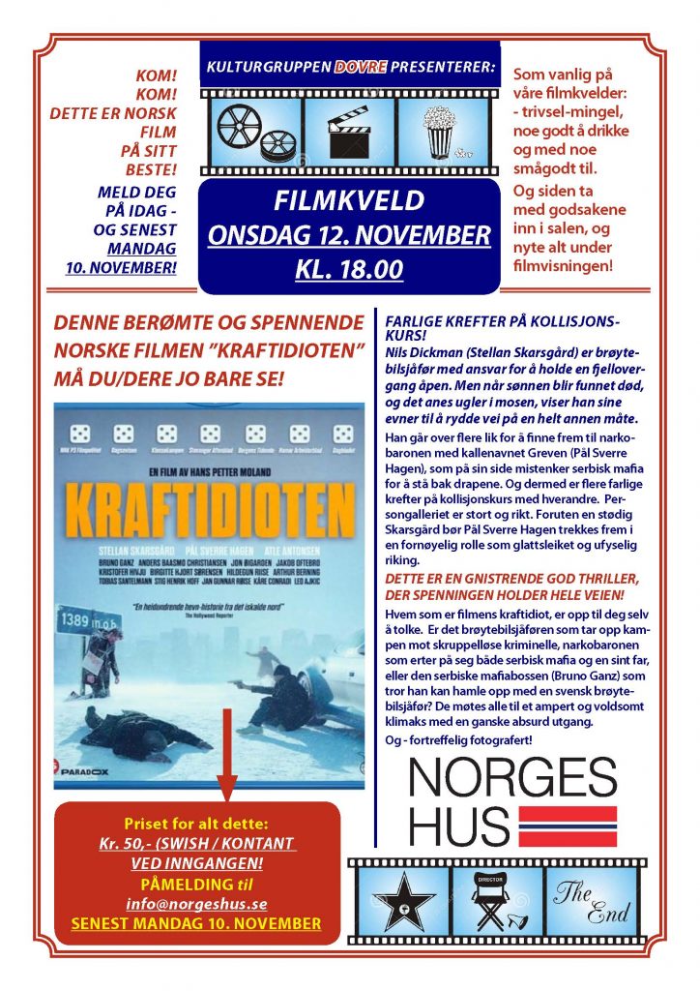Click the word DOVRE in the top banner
click(x=362, y=68)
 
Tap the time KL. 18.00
click(x=349, y=268)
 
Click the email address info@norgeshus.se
click(x=196, y=903)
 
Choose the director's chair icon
click(x=496, y=901)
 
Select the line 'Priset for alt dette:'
click(x=196, y=824)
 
